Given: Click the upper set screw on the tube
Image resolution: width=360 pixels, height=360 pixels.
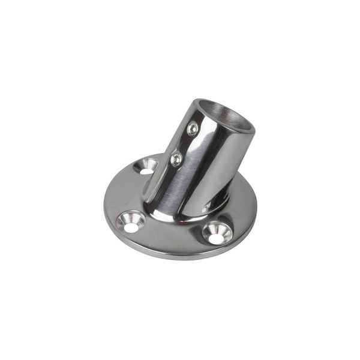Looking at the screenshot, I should pos(193,128).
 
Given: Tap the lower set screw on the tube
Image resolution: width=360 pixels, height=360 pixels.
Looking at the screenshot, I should pos(176,159).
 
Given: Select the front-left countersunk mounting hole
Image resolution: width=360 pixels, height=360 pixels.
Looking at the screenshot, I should pos(130,222).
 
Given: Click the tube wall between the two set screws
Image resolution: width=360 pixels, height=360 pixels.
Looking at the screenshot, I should pos(184,144).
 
